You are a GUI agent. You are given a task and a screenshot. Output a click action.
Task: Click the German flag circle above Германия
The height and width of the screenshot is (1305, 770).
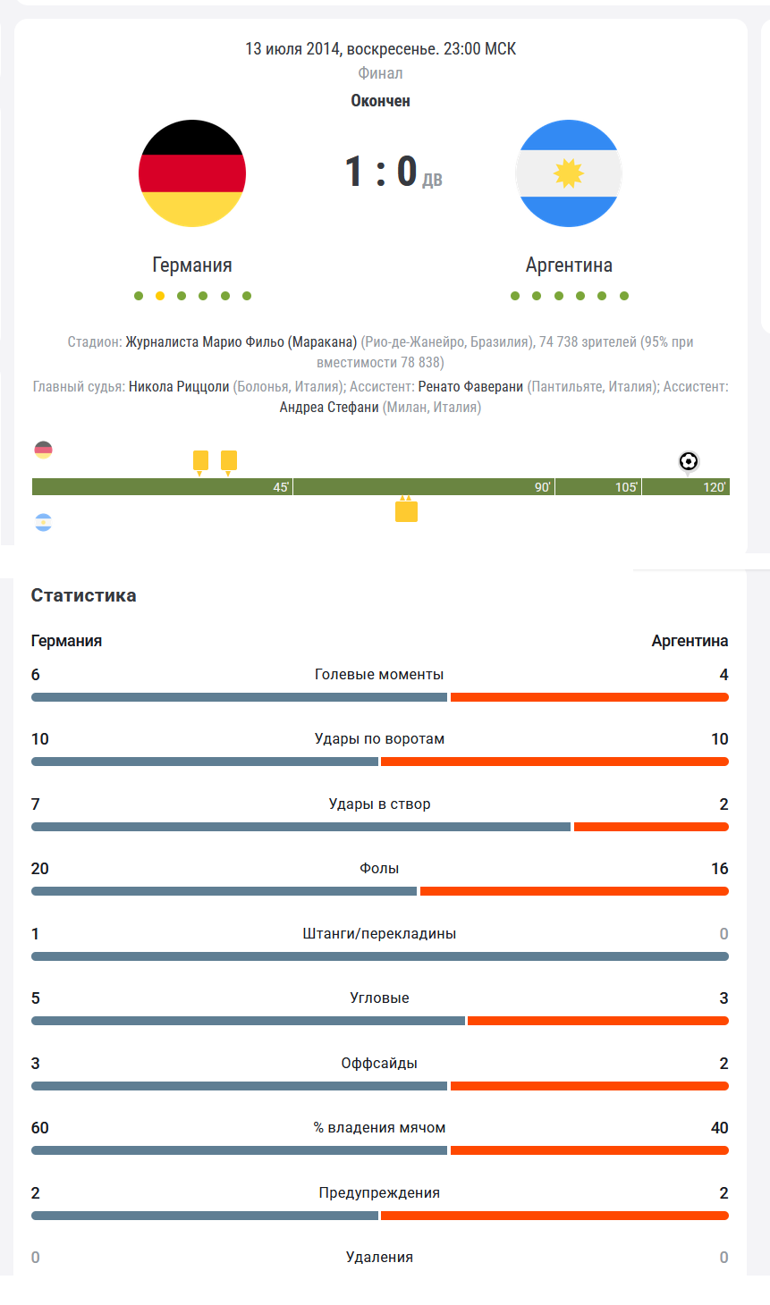point(192,173)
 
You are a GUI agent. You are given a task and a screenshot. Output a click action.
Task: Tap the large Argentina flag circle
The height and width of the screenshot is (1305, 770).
point(569,173)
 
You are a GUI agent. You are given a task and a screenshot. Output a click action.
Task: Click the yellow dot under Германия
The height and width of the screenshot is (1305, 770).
point(160,296)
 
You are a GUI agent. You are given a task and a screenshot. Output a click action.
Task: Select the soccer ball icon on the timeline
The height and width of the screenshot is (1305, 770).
point(689,461)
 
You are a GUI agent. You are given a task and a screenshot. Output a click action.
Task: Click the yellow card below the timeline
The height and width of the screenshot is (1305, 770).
point(406,511)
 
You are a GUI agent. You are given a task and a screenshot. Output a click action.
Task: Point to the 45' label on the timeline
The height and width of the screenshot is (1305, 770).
point(281,487)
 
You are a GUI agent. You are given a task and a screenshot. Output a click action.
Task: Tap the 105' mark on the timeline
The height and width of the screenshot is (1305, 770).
point(627,487)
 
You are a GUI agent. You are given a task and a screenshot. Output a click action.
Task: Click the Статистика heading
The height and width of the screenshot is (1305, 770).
point(83,595)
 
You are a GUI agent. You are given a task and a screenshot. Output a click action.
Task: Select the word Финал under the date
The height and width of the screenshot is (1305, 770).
point(380,73)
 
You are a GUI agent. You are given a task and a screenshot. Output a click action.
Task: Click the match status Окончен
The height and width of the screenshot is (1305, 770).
point(380,101)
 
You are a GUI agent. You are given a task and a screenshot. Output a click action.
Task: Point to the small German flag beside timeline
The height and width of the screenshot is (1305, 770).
point(43,450)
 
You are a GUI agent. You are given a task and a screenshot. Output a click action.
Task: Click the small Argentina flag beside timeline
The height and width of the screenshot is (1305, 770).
point(43,523)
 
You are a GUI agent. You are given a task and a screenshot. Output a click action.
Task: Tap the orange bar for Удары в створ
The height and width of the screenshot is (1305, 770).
point(651,827)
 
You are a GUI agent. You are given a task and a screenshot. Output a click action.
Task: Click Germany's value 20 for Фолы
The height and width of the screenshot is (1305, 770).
point(39,869)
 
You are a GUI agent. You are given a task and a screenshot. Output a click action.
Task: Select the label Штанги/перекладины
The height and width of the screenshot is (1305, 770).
point(379,933)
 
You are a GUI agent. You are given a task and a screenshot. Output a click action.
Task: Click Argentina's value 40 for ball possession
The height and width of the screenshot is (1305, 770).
point(719,1128)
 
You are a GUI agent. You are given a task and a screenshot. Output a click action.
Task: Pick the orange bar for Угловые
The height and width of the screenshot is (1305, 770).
point(598,1021)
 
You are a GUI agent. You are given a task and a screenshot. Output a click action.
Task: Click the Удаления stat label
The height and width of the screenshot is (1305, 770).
point(379,1257)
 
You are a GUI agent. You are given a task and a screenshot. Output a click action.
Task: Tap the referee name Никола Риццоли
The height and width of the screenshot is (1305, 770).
point(179,387)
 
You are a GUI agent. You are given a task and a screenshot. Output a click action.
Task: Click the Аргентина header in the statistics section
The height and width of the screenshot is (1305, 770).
point(690,641)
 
